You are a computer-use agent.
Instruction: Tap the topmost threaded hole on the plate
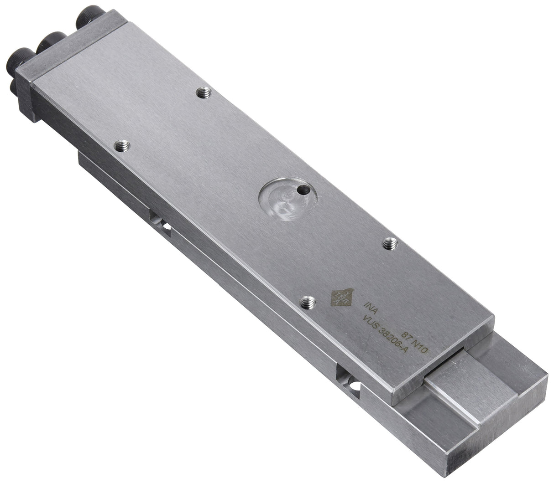pos(204,93)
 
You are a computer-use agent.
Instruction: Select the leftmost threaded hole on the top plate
pos(122,146)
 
